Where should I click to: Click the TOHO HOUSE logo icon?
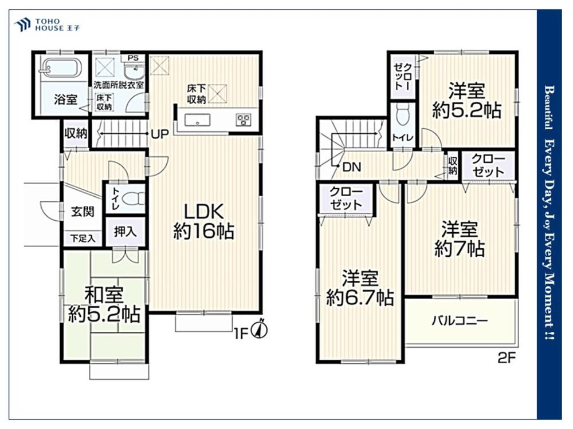pyautogui.click(x=22, y=24)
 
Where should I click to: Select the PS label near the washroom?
pyautogui.click(x=133, y=58)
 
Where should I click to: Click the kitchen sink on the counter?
pyautogui.click(x=197, y=120)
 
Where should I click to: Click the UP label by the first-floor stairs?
pyautogui.click(x=160, y=134)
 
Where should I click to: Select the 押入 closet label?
pyautogui.click(x=125, y=231)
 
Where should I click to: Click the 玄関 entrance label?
pyautogui.click(x=82, y=212)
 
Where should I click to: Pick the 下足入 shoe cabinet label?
pyautogui.click(x=83, y=239)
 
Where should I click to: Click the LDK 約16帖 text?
pyautogui.click(x=204, y=221)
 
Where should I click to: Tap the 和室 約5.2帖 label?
pyautogui.click(x=104, y=305)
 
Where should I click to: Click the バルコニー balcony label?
pyautogui.click(x=460, y=321)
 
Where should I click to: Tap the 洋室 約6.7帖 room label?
pyautogui.click(x=360, y=288)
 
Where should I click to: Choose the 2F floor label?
pyautogui.click(x=507, y=358)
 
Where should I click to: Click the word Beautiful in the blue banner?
pyautogui.click(x=549, y=108)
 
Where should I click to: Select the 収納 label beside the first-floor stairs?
pyautogui.click(x=76, y=133)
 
